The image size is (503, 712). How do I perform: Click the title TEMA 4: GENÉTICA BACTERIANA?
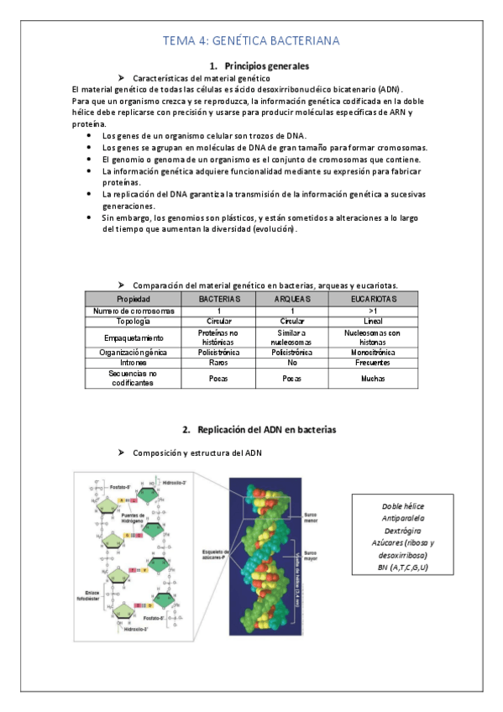251,40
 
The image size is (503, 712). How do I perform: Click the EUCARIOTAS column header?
371,299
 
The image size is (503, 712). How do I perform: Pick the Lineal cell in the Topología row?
371,322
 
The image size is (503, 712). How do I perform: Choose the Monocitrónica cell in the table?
371,353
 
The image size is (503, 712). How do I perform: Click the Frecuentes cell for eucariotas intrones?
371,363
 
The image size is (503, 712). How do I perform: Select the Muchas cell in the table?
371,378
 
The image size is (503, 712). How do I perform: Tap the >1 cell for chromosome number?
371,311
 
